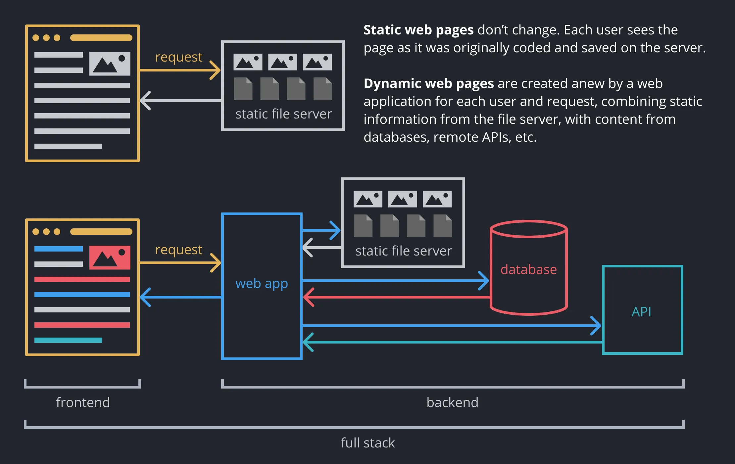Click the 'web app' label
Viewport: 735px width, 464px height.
(x=262, y=284)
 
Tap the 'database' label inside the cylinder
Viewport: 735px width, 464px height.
(x=528, y=269)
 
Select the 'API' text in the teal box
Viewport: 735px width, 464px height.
(x=641, y=312)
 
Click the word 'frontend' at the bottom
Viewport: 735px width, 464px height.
(x=83, y=402)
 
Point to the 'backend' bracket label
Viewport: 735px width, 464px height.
(x=452, y=402)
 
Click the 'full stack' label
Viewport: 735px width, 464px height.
(x=368, y=443)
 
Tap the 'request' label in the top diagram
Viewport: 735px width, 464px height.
(x=178, y=57)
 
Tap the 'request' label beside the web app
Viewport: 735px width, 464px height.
(x=178, y=250)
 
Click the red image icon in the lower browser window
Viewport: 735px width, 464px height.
(x=110, y=257)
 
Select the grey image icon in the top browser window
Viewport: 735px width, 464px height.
(x=110, y=64)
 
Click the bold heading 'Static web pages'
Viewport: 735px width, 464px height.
(x=418, y=30)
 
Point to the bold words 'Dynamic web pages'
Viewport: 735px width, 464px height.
(x=429, y=83)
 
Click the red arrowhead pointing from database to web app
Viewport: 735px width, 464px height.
(x=308, y=297)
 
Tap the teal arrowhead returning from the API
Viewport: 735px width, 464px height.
(x=308, y=342)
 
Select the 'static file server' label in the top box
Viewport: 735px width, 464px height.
(x=283, y=114)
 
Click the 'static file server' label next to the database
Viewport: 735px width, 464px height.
(x=403, y=251)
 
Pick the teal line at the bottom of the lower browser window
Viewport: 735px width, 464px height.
(x=68, y=340)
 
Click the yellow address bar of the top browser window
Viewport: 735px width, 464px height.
(x=101, y=38)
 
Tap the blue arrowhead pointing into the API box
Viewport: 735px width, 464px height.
(x=597, y=326)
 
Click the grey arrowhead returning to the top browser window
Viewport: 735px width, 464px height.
(x=145, y=101)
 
